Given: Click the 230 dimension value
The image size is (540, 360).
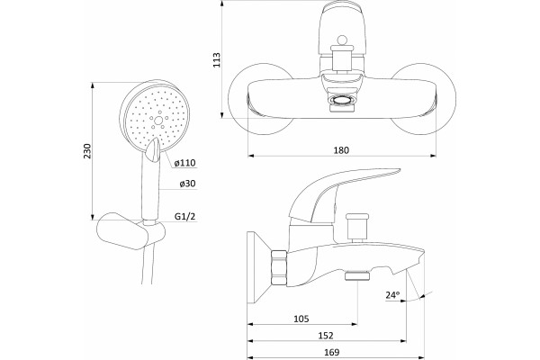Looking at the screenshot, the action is [88, 150].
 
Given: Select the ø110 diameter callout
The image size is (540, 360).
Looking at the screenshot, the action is [184, 163].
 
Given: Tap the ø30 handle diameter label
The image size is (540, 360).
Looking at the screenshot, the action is [187, 184].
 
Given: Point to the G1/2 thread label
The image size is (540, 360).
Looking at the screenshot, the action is [184, 216].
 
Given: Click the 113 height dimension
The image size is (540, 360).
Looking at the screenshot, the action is [217, 59].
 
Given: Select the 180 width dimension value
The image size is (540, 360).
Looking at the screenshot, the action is [341, 150].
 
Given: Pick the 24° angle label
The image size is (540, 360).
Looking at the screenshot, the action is [392, 295].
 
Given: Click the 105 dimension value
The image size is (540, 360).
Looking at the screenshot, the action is [301, 319].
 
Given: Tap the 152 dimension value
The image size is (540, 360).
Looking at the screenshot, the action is [326, 335].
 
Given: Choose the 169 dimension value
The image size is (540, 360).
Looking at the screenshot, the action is [331, 352].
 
